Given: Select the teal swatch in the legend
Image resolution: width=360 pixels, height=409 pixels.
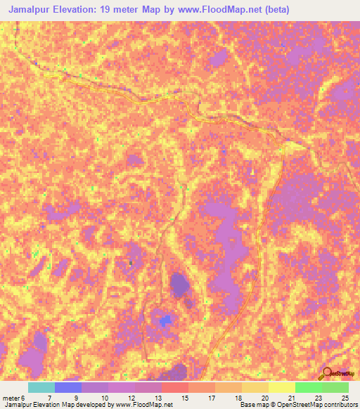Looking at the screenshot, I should click(41, 387).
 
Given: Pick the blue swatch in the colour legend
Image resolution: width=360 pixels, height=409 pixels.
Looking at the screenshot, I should click(68, 387).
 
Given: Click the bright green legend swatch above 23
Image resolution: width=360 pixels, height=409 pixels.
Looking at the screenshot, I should click(309, 387).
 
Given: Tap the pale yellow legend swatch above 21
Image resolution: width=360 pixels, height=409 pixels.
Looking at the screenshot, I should click(282, 387).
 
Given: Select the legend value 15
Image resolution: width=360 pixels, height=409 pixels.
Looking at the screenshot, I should click(184, 397).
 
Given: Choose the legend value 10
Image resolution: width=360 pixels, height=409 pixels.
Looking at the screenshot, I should click(103, 397).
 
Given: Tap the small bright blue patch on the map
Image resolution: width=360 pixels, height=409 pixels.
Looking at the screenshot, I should click(165, 321).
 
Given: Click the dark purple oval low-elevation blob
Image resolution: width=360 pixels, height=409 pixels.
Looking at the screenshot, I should click(179, 285).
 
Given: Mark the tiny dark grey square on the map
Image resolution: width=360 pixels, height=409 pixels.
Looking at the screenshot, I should click(130, 264).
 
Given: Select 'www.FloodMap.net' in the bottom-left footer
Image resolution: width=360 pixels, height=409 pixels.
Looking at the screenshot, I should click(144, 405).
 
